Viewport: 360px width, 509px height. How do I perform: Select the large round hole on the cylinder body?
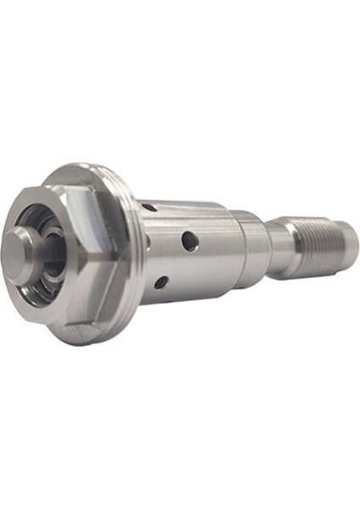click(x=191, y=241)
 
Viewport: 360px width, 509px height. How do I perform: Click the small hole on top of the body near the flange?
click(x=149, y=206)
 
